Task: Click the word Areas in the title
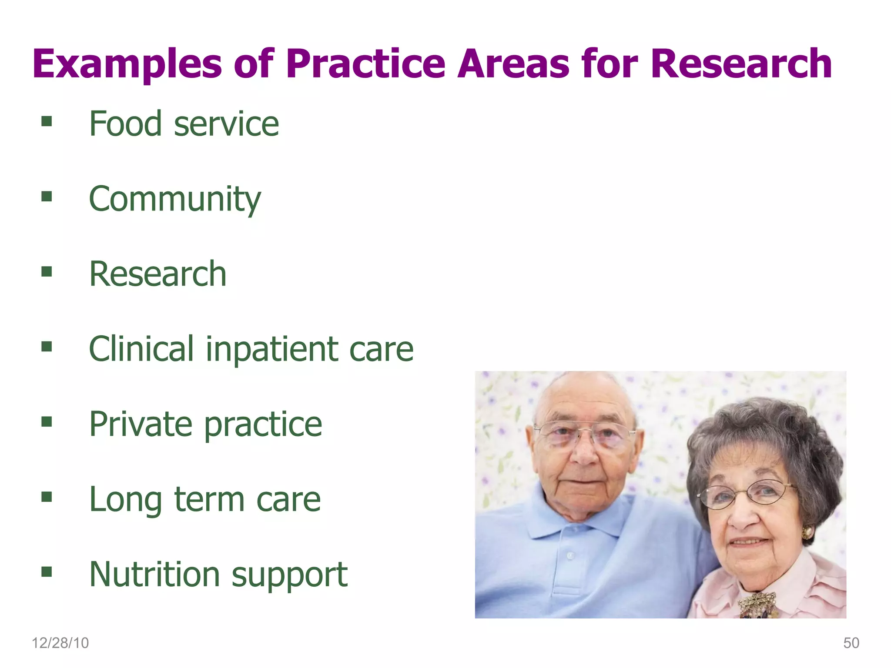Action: click(x=513, y=64)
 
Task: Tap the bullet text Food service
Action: click(x=184, y=124)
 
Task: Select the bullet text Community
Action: click(x=175, y=199)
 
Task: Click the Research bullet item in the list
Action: click(x=157, y=274)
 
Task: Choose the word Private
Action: click(x=140, y=424)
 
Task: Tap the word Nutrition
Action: click(x=154, y=574)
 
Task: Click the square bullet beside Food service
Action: click(x=47, y=121)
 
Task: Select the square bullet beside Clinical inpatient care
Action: click(x=47, y=347)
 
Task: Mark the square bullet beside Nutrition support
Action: click(x=47, y=571)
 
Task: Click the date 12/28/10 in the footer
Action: click(x=60, y=643)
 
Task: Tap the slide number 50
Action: click(x=851, y=643)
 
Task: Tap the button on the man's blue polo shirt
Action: click(x=570, y=555)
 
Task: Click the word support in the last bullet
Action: click(x=289, y=575)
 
